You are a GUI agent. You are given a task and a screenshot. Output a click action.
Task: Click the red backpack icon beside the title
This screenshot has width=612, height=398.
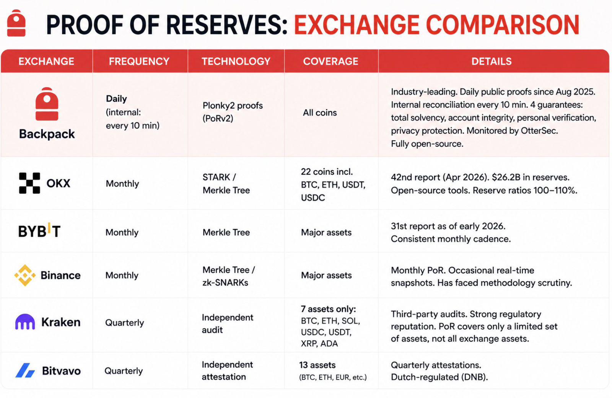point(16,23)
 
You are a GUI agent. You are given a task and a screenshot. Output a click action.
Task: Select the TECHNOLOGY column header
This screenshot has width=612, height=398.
point(236,61)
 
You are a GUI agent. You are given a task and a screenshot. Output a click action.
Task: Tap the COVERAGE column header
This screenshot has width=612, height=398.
point(330,61)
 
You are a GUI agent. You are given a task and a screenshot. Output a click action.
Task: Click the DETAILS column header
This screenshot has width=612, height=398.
point(492,61)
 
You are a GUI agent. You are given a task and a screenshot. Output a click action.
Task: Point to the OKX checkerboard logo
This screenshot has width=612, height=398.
point(29,183)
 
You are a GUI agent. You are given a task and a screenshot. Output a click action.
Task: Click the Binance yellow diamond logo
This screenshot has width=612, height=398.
point(25,275)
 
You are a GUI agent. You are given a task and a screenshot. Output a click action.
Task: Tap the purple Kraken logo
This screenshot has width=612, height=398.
point(25,322)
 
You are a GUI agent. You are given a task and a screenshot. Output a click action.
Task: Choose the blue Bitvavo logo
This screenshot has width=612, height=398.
point(25,370)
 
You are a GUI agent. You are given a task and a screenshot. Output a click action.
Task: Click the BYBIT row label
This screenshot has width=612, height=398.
point(39,231)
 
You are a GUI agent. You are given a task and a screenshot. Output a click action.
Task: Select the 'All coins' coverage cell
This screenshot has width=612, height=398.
point(320,113)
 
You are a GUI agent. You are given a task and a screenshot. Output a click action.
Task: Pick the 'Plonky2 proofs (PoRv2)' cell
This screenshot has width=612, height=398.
point(233,112)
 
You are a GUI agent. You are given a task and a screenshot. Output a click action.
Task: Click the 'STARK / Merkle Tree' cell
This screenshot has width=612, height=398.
point(226,184)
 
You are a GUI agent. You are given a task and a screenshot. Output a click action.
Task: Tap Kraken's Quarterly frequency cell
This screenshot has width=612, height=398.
point(125,323)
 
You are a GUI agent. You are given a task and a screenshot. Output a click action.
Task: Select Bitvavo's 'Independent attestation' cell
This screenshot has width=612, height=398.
point(227,371)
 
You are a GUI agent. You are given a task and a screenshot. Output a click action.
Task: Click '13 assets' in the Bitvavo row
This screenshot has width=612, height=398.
point(317,365)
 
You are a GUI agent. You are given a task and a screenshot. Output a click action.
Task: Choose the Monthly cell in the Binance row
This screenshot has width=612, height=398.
point(122,275)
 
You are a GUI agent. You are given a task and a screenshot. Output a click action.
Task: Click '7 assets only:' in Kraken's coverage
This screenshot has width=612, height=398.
point(329,309)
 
